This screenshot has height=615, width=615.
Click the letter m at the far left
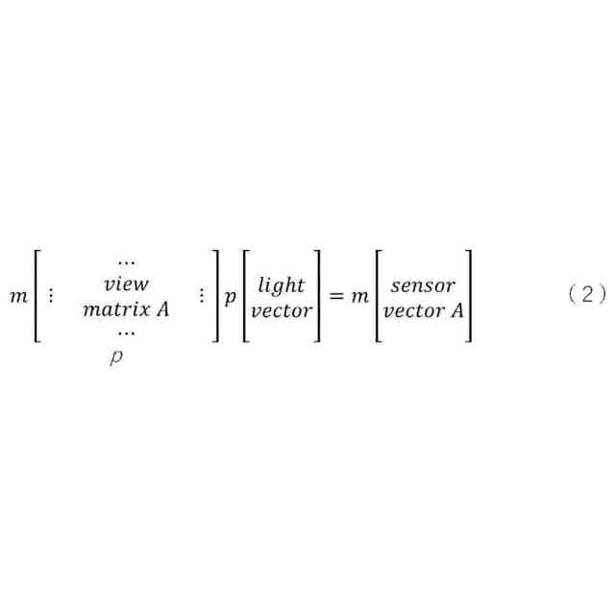(18, 297)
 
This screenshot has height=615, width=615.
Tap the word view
(126, 284)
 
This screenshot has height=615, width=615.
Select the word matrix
(113, 309)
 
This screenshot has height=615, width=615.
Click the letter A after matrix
(162, 309)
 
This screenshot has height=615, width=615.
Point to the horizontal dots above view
(126, 261)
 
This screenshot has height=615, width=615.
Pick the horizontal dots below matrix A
(126, 332)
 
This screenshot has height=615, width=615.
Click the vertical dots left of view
(51, 296)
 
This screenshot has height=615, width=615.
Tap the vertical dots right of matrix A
(200, 296)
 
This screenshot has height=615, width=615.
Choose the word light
(281, 284)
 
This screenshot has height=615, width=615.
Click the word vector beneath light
(281, 310)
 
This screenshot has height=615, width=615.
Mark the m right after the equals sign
(359, 297)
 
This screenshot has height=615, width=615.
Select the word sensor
(423, 285)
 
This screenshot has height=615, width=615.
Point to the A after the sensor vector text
(456, 310)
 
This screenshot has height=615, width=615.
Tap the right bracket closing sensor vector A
(469, 296)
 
